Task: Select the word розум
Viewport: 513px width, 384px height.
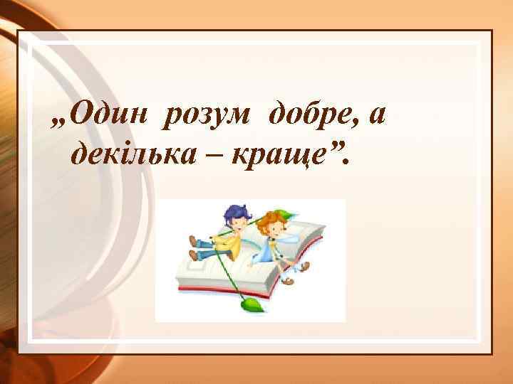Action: pyautogui.click(x=210, y=112)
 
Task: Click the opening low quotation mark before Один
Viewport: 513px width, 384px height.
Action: pyautogui.click(x=59, y=122)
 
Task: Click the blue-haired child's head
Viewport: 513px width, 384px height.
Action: pyautogui.click(x=235, y=216)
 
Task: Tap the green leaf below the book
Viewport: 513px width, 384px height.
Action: pyautogui.click(x=251, y=305)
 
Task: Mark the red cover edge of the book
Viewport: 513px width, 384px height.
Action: pyautogui.click(x=214, y=291)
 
